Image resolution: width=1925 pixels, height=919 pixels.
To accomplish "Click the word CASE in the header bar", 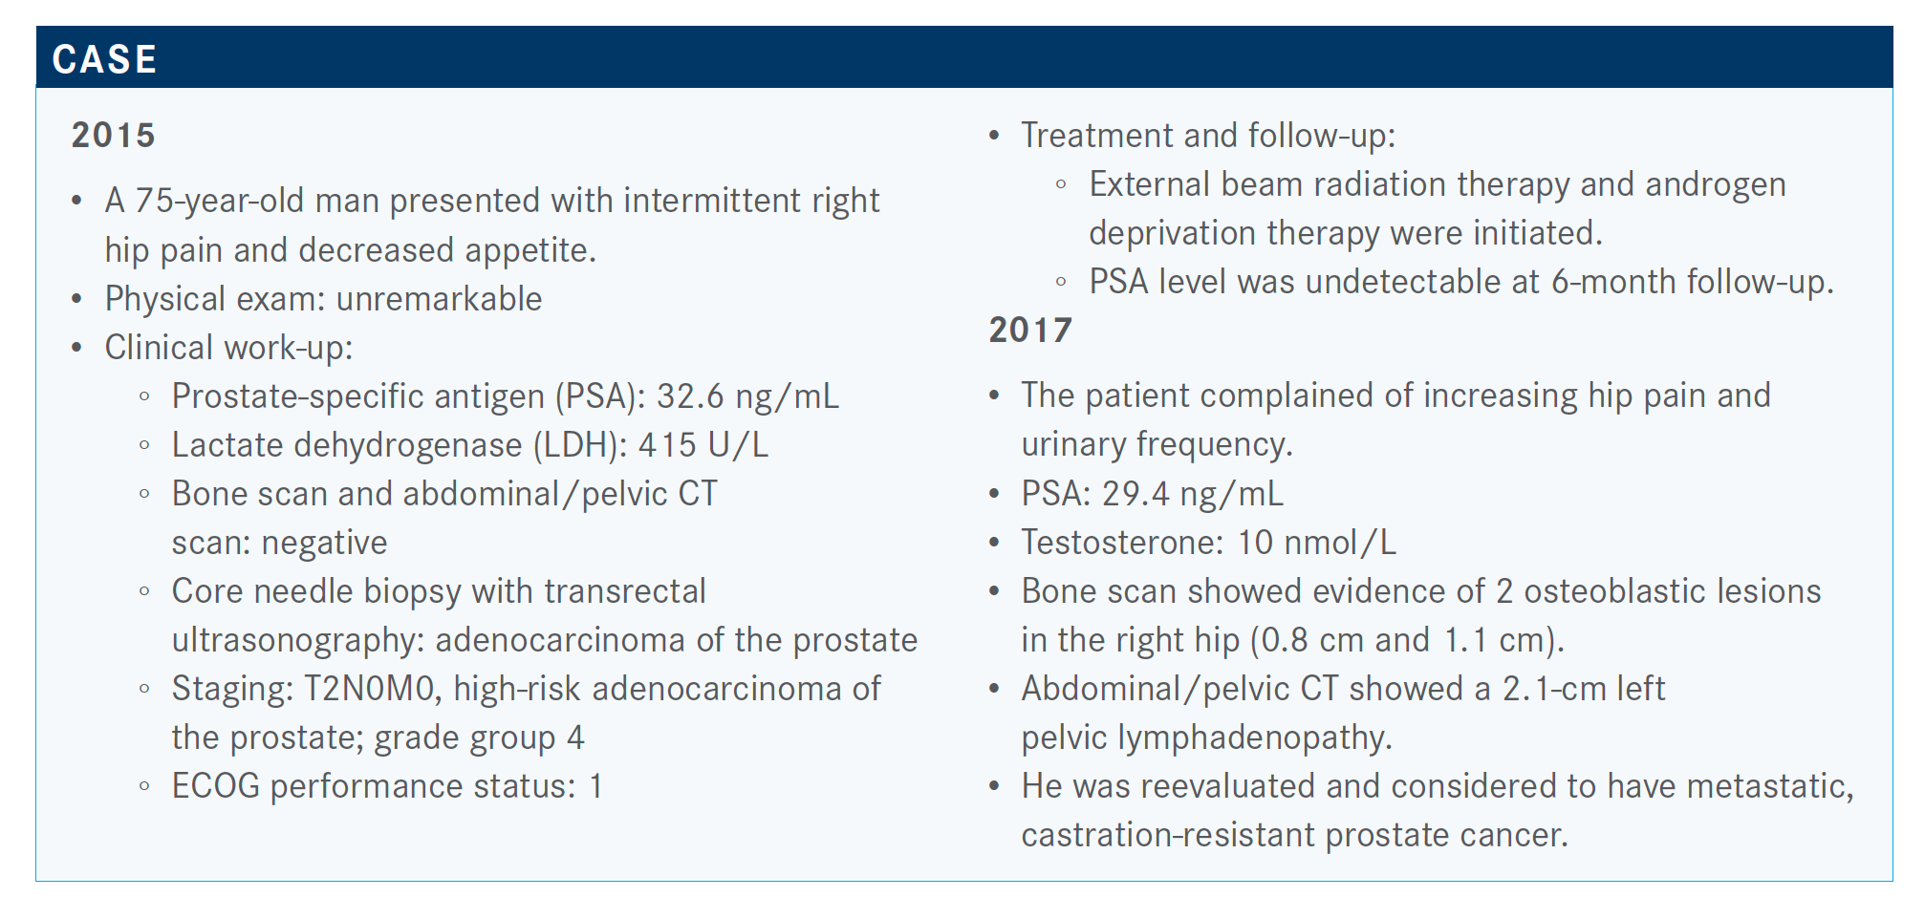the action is pos(104,59).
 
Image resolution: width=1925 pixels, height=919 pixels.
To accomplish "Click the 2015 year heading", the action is pos(113,135).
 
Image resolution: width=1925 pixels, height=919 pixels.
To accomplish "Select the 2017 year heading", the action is pos(1030,330).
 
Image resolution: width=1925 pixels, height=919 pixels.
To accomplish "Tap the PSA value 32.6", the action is pos(690,396).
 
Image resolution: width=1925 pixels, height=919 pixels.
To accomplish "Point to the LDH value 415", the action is pos(667,445).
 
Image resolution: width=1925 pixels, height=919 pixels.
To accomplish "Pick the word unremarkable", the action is pos(439,299).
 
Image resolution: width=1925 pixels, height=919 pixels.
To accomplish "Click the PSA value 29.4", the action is pos(1136,494).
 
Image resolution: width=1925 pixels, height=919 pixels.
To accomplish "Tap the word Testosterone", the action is pos(1122,543).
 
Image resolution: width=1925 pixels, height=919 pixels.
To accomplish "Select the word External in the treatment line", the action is pos(1149,184).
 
